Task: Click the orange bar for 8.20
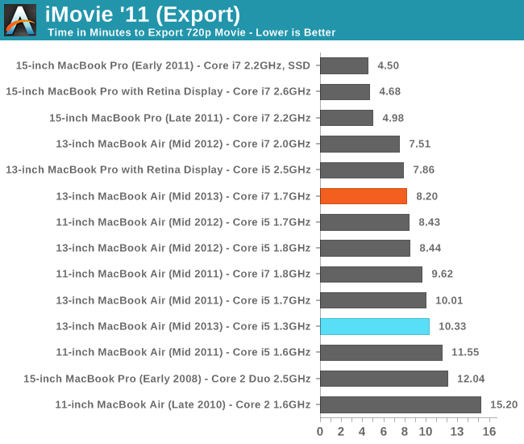point(364,196)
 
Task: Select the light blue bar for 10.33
point(375,326)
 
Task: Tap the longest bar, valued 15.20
point(401,404)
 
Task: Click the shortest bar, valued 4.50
point(344,65)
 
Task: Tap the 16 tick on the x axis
point(489,431)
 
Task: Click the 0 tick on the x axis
point(320,431)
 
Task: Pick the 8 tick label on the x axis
point(404,431)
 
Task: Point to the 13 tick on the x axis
point(457,431)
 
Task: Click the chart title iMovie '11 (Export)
point(143,14)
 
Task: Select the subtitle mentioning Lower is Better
point(191,33)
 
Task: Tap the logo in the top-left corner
point(20,20)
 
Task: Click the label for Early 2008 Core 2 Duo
point(167,379)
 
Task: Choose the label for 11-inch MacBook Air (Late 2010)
point(182,404)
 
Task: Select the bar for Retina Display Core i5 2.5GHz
point(362,170)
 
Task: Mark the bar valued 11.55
point(381,353)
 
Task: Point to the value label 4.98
point(393,118)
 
